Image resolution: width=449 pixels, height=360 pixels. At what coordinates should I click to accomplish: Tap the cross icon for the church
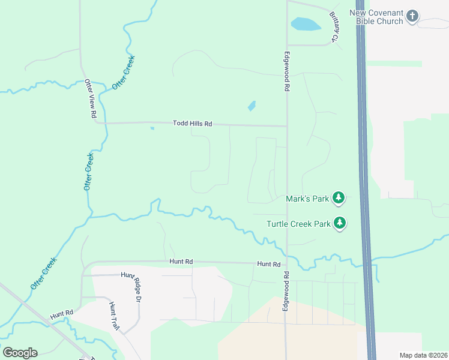[412, 16]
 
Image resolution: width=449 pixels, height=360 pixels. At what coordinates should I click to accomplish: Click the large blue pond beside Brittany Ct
[305, 25]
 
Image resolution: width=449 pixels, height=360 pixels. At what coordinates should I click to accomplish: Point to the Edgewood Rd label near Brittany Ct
[287, 70]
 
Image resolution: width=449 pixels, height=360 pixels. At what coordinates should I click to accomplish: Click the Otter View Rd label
[91, 98]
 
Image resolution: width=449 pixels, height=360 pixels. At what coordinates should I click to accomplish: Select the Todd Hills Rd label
[193, 124]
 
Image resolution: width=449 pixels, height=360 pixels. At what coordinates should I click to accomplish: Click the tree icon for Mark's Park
[339, 197]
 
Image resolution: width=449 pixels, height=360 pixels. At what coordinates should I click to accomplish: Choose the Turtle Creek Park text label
[299, 224]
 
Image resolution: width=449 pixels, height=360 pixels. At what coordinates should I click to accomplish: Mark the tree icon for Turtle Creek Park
[340, 224]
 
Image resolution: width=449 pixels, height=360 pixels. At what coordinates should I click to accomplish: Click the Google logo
[20, 353]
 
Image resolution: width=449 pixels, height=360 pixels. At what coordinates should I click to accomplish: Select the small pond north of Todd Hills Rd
[252, 106]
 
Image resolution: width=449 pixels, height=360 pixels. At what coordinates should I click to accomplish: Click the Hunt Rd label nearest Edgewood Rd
[268, 264]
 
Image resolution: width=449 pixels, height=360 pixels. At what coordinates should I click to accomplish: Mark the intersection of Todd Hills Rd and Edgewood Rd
[287, 127]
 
